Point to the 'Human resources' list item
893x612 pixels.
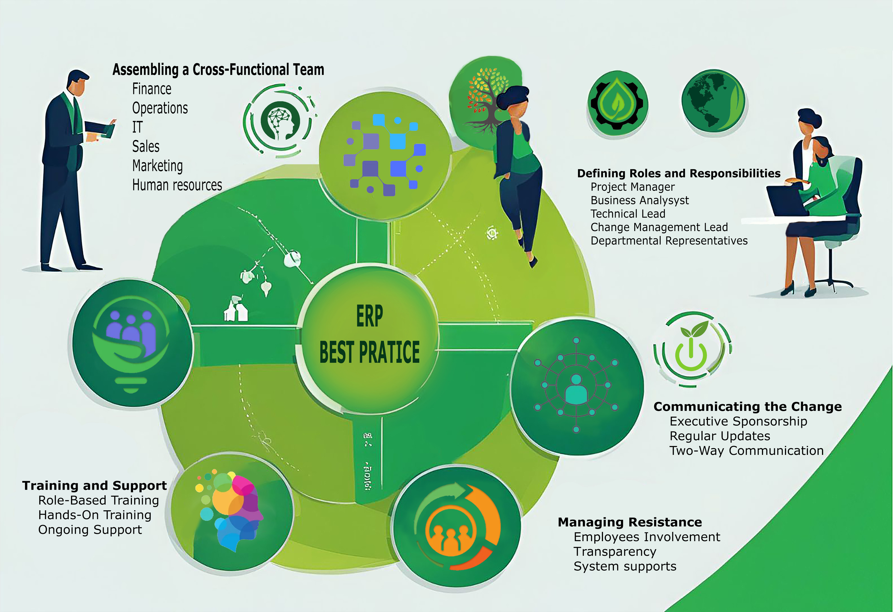coord(177,185)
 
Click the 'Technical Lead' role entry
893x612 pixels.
coord(628,214)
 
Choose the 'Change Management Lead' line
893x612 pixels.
coord(659,227)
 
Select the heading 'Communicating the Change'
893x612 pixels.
coord(747,407)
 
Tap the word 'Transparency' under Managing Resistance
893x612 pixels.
coord(615,552)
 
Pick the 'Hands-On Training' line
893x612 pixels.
coord(94,515)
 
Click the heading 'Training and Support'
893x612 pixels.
coord(94,485)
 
